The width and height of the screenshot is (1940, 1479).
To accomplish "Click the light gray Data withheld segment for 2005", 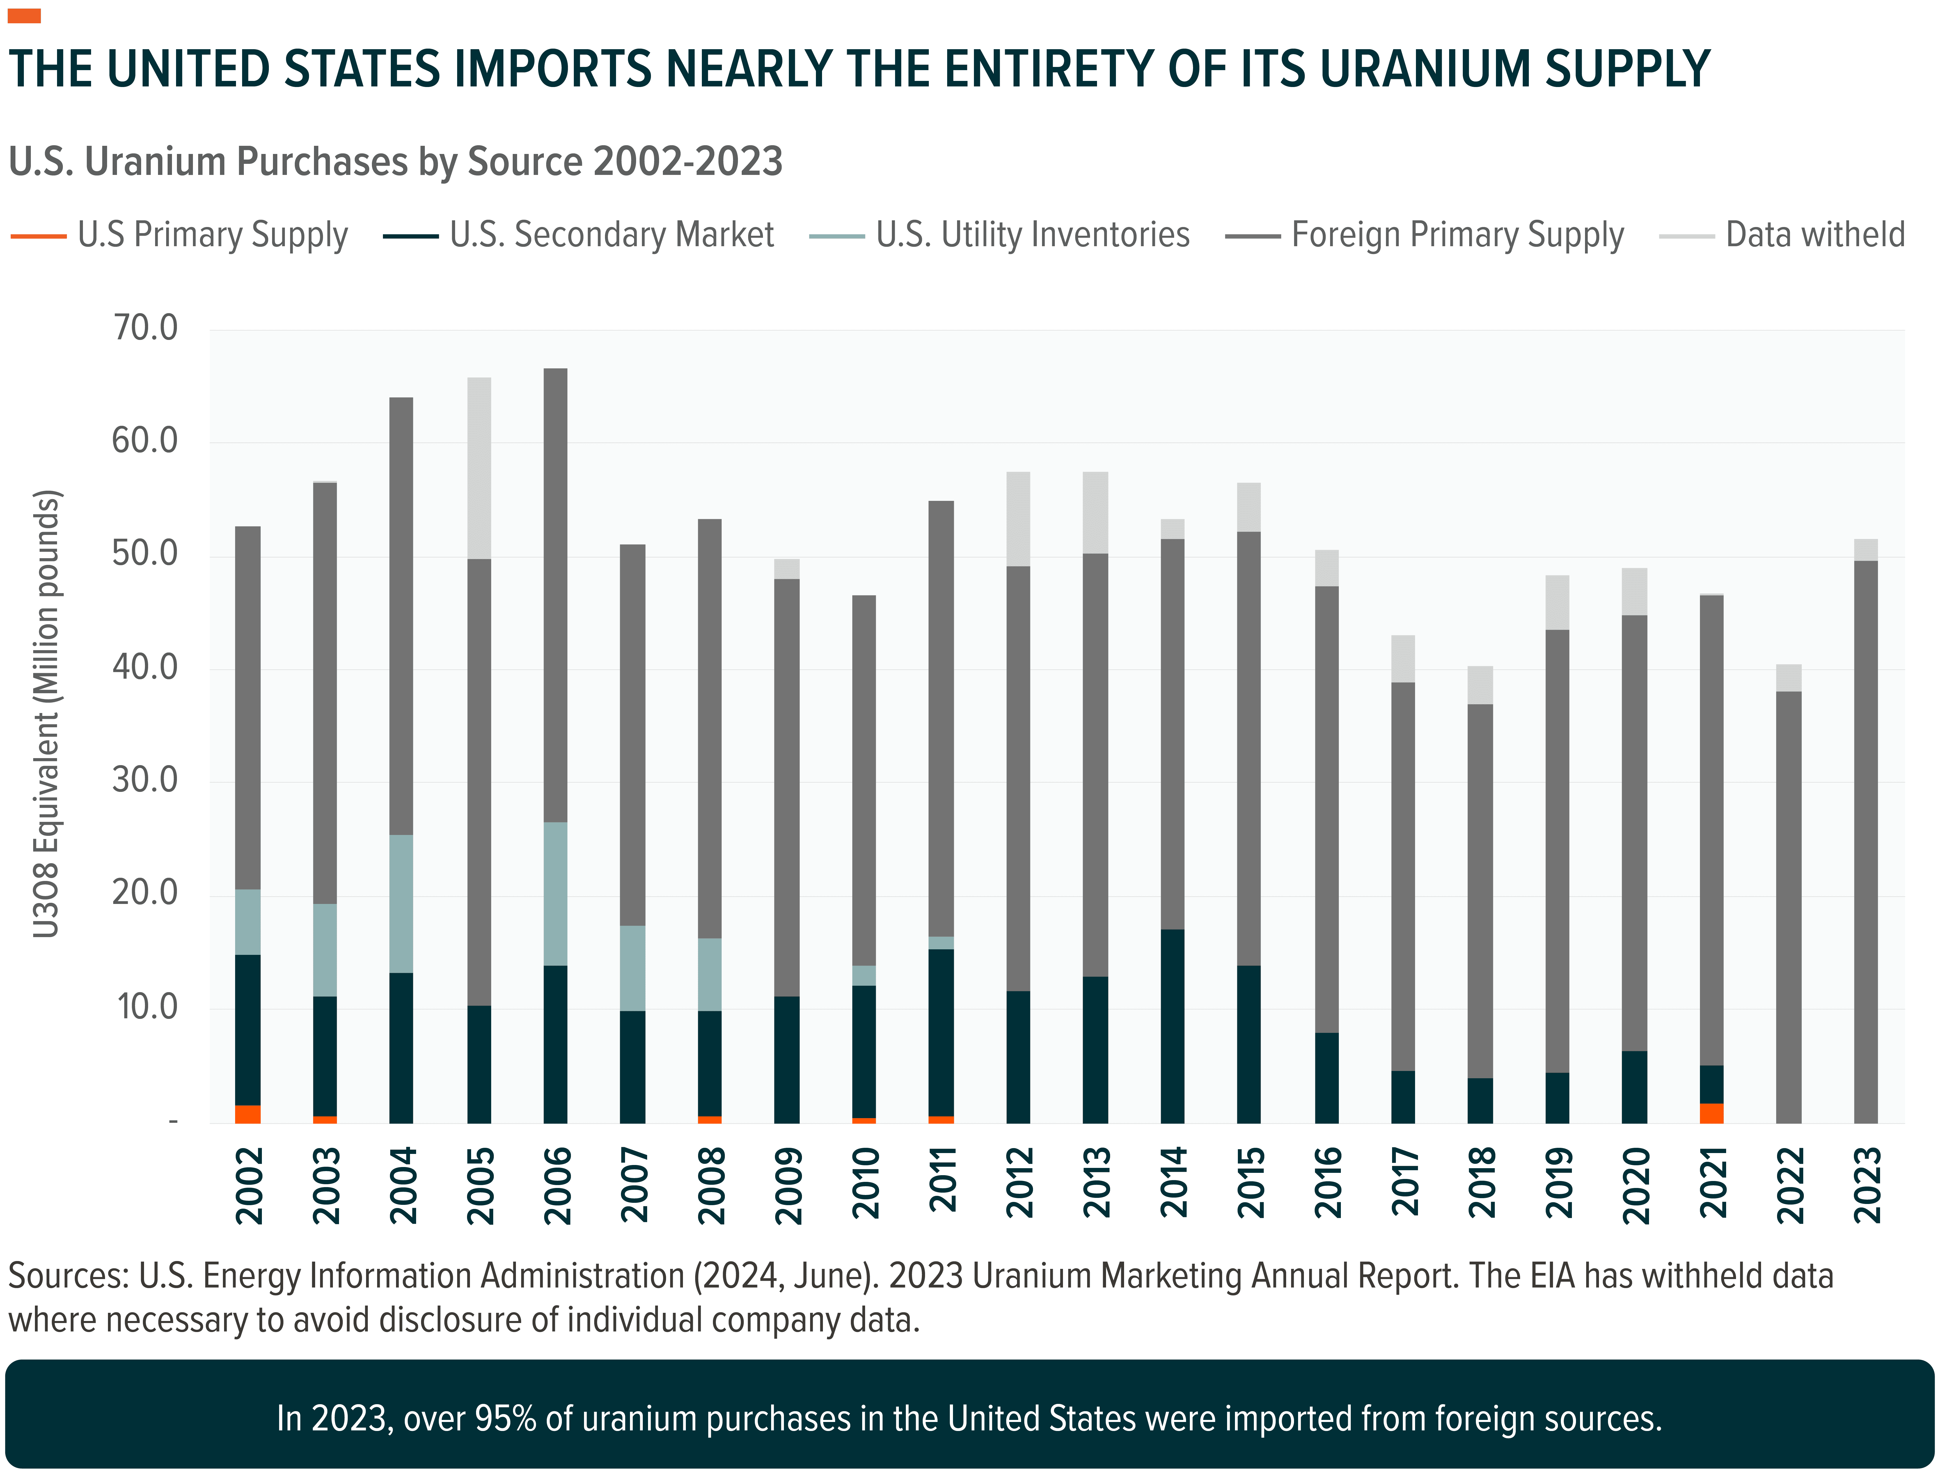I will click(479, 468).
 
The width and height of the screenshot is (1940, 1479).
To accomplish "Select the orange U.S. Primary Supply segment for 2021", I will click(1711, 1113).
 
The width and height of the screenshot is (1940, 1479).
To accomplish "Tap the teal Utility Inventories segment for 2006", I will click(555, 893).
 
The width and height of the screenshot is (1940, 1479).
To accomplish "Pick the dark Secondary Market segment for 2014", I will click(1172, 1026).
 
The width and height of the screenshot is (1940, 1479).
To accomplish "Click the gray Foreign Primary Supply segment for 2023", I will click(1865, 841).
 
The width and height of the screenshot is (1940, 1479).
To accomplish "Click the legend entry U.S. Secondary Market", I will click(611, 235).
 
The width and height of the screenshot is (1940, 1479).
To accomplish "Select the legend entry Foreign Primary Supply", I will click(1457, 235).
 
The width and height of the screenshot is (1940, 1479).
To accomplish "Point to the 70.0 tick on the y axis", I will click(145, 328).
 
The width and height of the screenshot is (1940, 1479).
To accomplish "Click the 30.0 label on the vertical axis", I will click(145, 780).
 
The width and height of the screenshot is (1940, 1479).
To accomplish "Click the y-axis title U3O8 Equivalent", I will click(46, 713).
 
